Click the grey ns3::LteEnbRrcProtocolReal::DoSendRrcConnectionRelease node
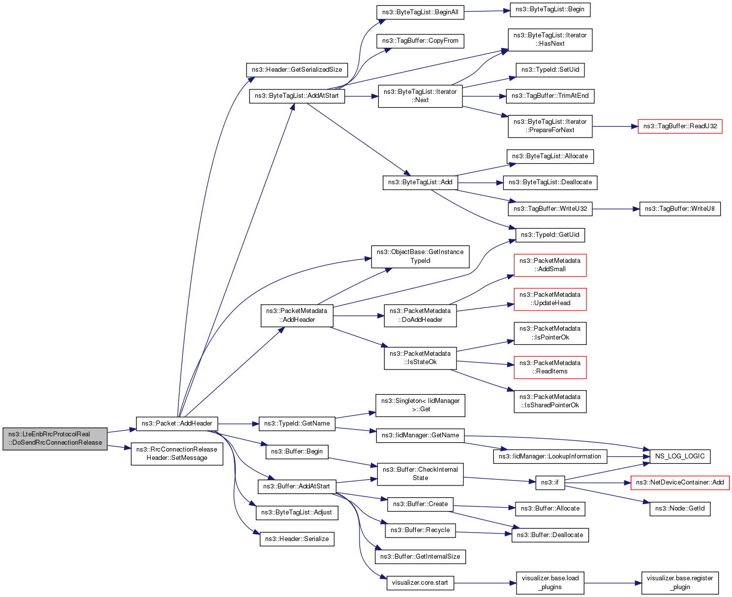tap(55, 438)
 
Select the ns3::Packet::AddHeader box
tap(177, 424)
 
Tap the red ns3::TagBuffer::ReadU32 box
tap(680, 126)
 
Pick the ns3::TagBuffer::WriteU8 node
tap(680, 209)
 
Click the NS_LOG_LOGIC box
tap(680, 456)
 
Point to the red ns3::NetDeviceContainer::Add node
tap(680, 483)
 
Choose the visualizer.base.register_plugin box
tap(680, 583)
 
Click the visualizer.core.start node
tap(420, 583)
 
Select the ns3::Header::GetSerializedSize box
tap(297, 70)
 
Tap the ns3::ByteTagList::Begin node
tap(549, 9)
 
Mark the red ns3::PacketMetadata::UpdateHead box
tap(550, 299)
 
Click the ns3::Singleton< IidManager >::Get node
tap(420, 405)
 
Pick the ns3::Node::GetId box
tap(680, 509)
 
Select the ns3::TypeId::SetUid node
tap(550, 70)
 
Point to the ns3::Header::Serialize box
tap(297, 539)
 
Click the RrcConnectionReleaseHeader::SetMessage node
tap(177, 454)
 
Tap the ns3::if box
tap(549, 483)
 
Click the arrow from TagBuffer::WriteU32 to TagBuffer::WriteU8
tap(615, 209)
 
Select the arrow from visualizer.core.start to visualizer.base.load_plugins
tap(485, 583)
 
